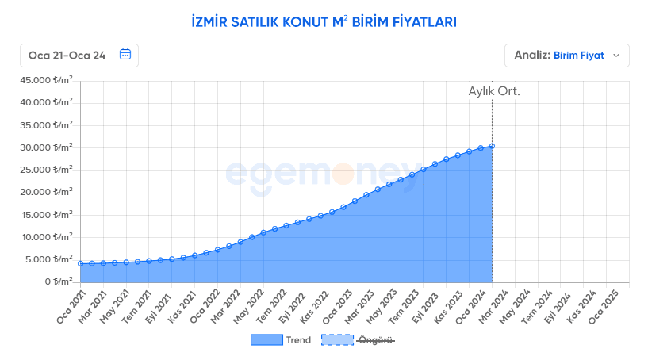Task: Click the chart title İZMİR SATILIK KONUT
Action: (x=324, y=21)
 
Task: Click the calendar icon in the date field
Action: (x=125, y=55)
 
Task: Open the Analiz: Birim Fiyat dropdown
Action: (x=566, y=56)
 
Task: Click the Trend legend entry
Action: (x=281, y=340)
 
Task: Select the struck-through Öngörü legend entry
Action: (x=358, y=340)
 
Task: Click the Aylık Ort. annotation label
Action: (x=494, y=91)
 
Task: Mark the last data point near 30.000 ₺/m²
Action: (x=492, y=146)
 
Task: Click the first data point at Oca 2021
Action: (x=80, y=263)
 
